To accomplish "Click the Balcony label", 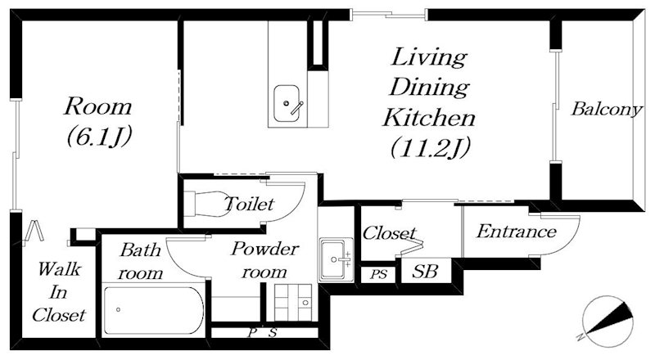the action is point(606,109).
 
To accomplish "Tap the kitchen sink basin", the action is point(287,104).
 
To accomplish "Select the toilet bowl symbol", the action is point(208,204).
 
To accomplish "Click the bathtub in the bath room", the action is point(154,310).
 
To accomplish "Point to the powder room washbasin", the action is point(337,259).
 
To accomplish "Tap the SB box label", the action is point(425,272).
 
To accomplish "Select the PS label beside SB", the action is point(379,275).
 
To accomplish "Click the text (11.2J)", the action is point(431,147).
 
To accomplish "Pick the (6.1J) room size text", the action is point(99,136).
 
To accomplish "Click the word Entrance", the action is point(517,232).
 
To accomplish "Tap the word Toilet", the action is point(250,204).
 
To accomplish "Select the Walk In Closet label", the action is point(59,292).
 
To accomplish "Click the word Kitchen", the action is point(429,117).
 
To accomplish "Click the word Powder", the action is point(264,249).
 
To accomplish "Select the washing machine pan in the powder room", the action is point(293,303).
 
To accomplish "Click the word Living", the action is point(429,57).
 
